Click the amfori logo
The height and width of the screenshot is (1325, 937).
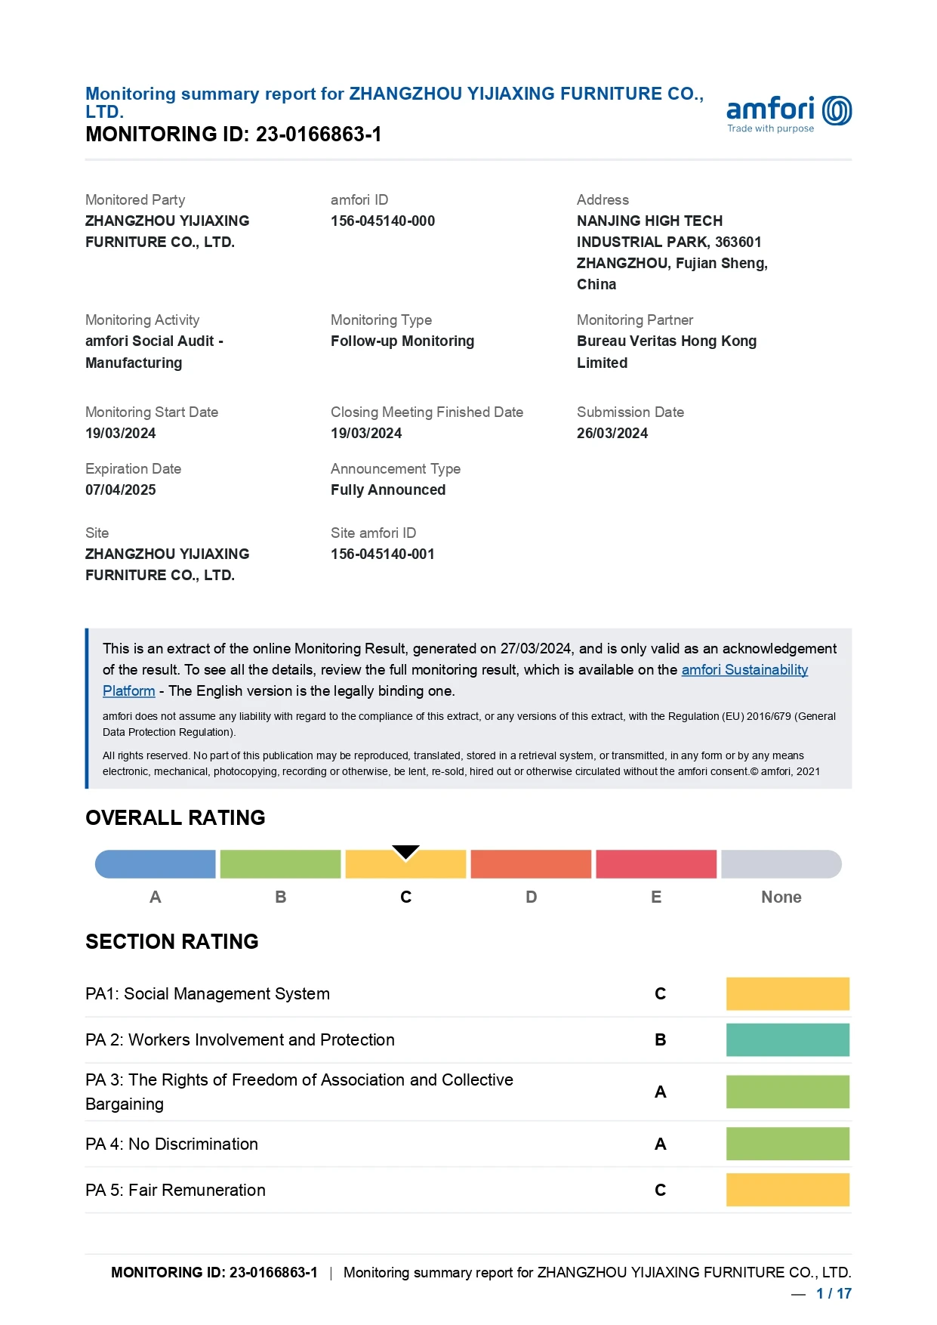pos(788,114)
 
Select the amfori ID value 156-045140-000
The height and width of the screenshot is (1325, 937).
pos(383,221)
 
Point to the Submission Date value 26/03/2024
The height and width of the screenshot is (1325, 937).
pos(612,434)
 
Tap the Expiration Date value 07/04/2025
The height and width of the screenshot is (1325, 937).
pos(121,490)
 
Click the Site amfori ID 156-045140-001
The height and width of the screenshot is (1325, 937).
pos(383,554)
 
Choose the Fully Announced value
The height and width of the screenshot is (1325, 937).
pos(388,490)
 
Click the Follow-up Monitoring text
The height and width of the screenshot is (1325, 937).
pos(402,341)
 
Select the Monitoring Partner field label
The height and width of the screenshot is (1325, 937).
pos(635,320)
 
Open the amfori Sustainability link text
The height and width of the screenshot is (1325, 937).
pos(744,670)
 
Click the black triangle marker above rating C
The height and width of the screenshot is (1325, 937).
pos(406,851)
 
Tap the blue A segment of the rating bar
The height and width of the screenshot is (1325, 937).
pos(156,864)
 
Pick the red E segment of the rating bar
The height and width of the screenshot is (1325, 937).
pos(656,864)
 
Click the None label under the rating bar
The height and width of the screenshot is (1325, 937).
pos(781,897)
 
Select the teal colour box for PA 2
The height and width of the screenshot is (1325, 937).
pos(788,1040)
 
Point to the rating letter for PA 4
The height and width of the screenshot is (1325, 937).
pos(661,1144)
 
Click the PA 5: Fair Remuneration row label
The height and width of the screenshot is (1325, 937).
pos(175,1191)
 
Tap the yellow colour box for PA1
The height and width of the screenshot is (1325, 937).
pos(788,994)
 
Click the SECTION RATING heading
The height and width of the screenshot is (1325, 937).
pos(172,942)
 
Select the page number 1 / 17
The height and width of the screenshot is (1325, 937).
pos(834,1294)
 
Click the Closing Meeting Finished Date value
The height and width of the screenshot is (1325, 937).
pos(366,434)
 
